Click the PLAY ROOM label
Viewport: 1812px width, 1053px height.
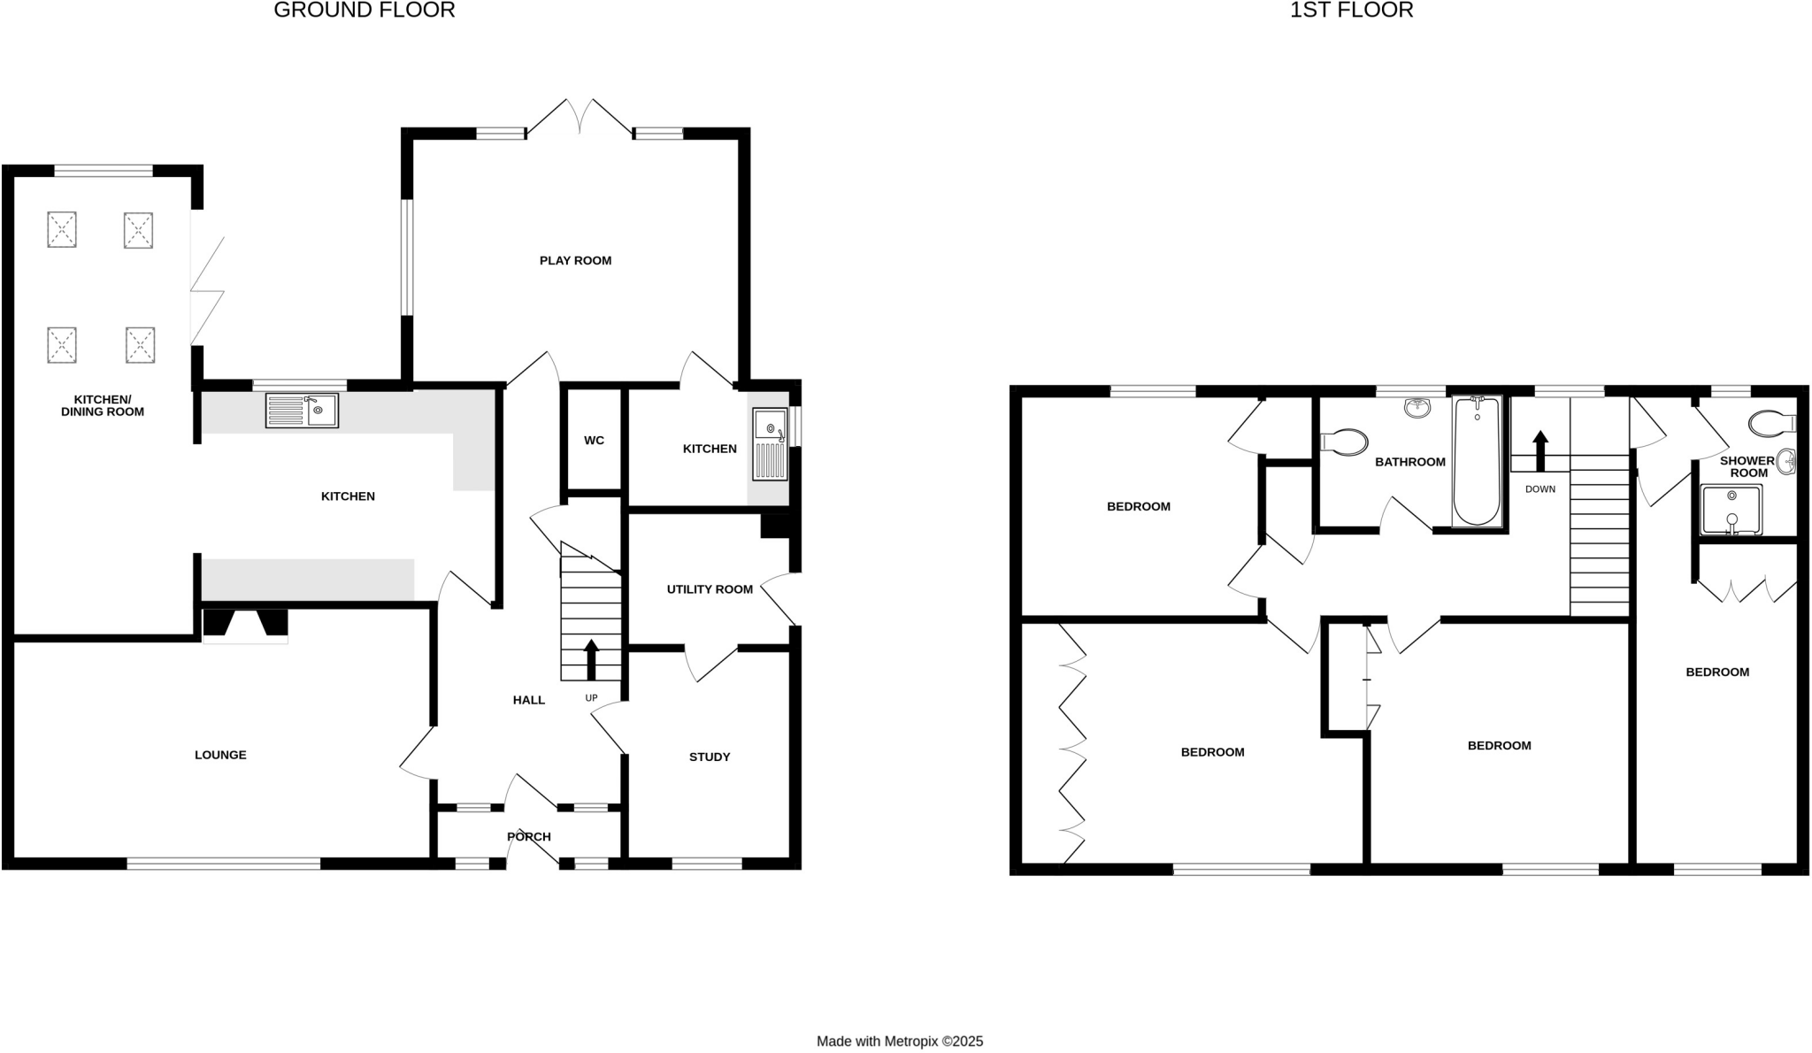[575, 260]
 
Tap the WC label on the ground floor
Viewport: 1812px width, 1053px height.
[594, 441]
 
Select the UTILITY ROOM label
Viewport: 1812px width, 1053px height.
[710, 589]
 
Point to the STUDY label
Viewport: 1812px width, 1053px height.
[710, 757]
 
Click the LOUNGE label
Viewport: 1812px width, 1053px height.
[220, 755]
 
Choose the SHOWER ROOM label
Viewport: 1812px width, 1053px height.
[1747, 466]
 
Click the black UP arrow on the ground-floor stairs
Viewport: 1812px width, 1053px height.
[591, 659]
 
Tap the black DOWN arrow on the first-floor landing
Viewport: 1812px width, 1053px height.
[1540, 450]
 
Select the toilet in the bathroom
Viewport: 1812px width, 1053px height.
[1344, 442]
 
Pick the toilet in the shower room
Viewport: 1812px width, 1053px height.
[1773, 423]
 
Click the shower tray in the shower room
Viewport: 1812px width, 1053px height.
[1731, 510]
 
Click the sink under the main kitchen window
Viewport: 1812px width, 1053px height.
[302, 411]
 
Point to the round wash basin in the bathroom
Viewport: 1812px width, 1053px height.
[1417, 408]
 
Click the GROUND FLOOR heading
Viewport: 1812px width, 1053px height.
[365, 11]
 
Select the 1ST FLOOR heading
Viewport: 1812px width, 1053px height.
[1351, 11]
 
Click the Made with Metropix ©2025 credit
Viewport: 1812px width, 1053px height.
[899, 1041]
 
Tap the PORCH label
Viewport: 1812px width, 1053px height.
[529, 836]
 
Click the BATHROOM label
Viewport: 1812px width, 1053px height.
[1410, 462]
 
